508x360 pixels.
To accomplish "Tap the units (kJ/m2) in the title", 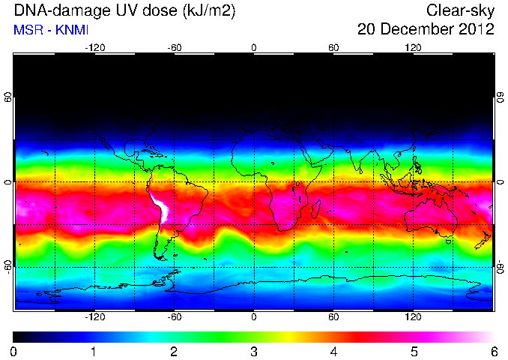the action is pos(209,10).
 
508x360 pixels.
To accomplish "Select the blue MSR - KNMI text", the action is pos(51,30).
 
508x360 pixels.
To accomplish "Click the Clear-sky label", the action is pos(460,10).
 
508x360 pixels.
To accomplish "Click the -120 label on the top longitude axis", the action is pos(95,48).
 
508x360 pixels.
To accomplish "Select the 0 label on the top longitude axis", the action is pos(254,48).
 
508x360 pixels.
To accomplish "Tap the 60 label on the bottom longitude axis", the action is pos(333,316).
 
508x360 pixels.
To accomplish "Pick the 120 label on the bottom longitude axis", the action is pos(413,316).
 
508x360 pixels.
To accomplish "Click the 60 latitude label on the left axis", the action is pos(8,97).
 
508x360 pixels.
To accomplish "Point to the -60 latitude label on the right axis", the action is pos(501,266).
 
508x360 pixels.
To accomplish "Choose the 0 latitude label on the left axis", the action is pos(8,182).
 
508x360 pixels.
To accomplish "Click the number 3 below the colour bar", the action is pos(254,352).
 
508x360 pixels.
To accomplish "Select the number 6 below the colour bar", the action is pos(494,352).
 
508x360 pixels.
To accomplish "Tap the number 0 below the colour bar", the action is pos(13,352).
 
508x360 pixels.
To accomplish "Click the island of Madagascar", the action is pos(316,209).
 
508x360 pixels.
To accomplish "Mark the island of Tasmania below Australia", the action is pos(449,241).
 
